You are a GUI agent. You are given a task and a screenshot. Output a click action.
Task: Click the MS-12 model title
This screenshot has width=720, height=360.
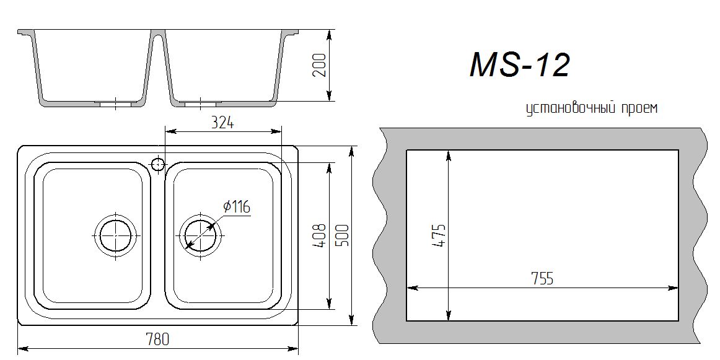519,64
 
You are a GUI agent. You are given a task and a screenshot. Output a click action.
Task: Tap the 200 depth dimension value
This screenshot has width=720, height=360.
320,64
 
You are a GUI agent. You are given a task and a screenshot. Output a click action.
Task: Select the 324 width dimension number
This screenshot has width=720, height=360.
222,123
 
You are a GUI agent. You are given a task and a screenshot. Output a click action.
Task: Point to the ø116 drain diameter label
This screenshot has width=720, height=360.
237,207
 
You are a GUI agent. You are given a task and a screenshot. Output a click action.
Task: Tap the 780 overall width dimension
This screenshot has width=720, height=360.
157,340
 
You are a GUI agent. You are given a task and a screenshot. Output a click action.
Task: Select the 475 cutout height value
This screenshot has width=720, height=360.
439,235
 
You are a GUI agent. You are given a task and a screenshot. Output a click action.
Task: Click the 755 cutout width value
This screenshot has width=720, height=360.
542,279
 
